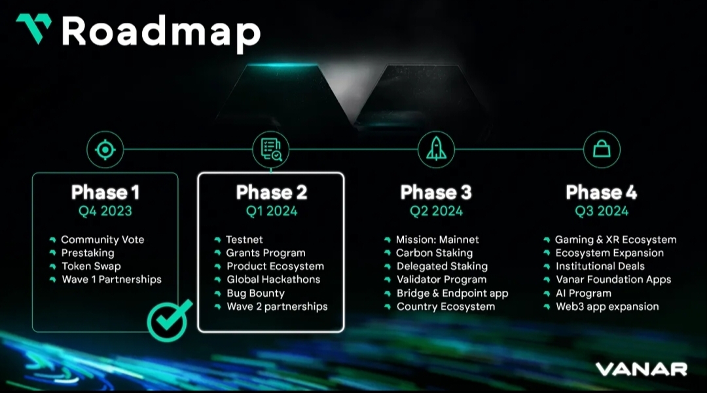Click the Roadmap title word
161,31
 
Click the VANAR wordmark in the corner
641,369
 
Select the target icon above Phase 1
105,149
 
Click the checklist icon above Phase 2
270,149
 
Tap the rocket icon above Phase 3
436,149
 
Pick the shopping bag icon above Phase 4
601,149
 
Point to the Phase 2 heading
271,193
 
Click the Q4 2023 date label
105,211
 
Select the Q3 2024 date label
601,211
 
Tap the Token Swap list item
91,266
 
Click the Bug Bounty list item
255,293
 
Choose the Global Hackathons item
273,279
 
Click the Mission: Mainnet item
437,240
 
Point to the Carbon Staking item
434,253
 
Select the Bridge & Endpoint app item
452,293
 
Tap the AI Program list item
583,293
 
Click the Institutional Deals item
600,266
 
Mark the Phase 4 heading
601,193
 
